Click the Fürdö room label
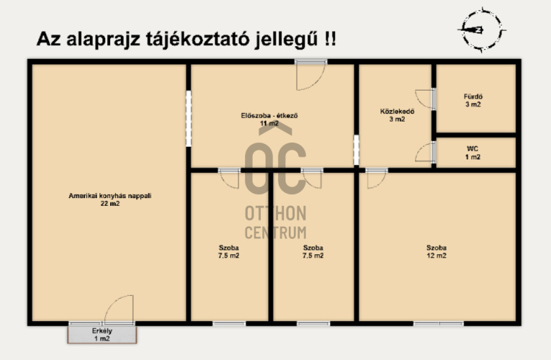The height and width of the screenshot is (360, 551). [x=473, y=96]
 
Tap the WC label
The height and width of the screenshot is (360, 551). [x=472, y=149]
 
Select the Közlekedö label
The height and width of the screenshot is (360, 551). [x=397, y=112]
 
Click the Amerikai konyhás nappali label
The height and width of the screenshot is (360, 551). [x=110, y=196]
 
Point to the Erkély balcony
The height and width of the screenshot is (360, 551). [x=102, y=334]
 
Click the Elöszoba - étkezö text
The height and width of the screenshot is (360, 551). [x=269, y=115]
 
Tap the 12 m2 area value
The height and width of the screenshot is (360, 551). [x=436, y=256]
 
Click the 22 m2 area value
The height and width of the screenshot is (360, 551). [x=110, y=203]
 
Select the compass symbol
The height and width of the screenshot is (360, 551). [x=481, y=30]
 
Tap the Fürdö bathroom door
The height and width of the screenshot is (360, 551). [x=424, y=99]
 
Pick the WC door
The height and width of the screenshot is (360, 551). [x=425, y=152]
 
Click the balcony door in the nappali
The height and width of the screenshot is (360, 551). [x=119, y=309]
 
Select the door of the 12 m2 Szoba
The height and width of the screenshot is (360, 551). [x=377, y=179]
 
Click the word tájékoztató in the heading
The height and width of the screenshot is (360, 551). [x=198, y=39]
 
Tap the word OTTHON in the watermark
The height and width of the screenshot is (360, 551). [x=275, y=213]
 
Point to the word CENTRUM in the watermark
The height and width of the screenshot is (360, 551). [x=275, y=233]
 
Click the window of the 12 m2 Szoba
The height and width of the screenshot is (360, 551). [x=438, y=323]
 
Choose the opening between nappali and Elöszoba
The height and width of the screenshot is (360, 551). [x=189, y=118]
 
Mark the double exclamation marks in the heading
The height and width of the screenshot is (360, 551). [x=330, y=38]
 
